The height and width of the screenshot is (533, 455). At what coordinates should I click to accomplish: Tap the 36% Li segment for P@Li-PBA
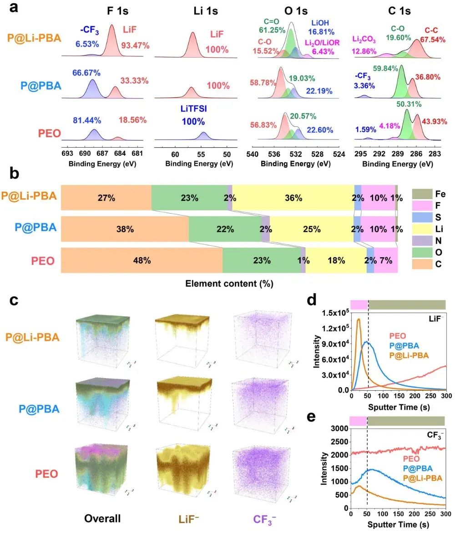(293, 198)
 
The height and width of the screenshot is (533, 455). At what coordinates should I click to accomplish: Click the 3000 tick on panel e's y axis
(339, 428)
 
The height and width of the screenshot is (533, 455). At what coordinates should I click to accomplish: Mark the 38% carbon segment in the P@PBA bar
(125, 229)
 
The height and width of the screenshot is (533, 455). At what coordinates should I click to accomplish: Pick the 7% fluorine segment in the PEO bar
(386, 261)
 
